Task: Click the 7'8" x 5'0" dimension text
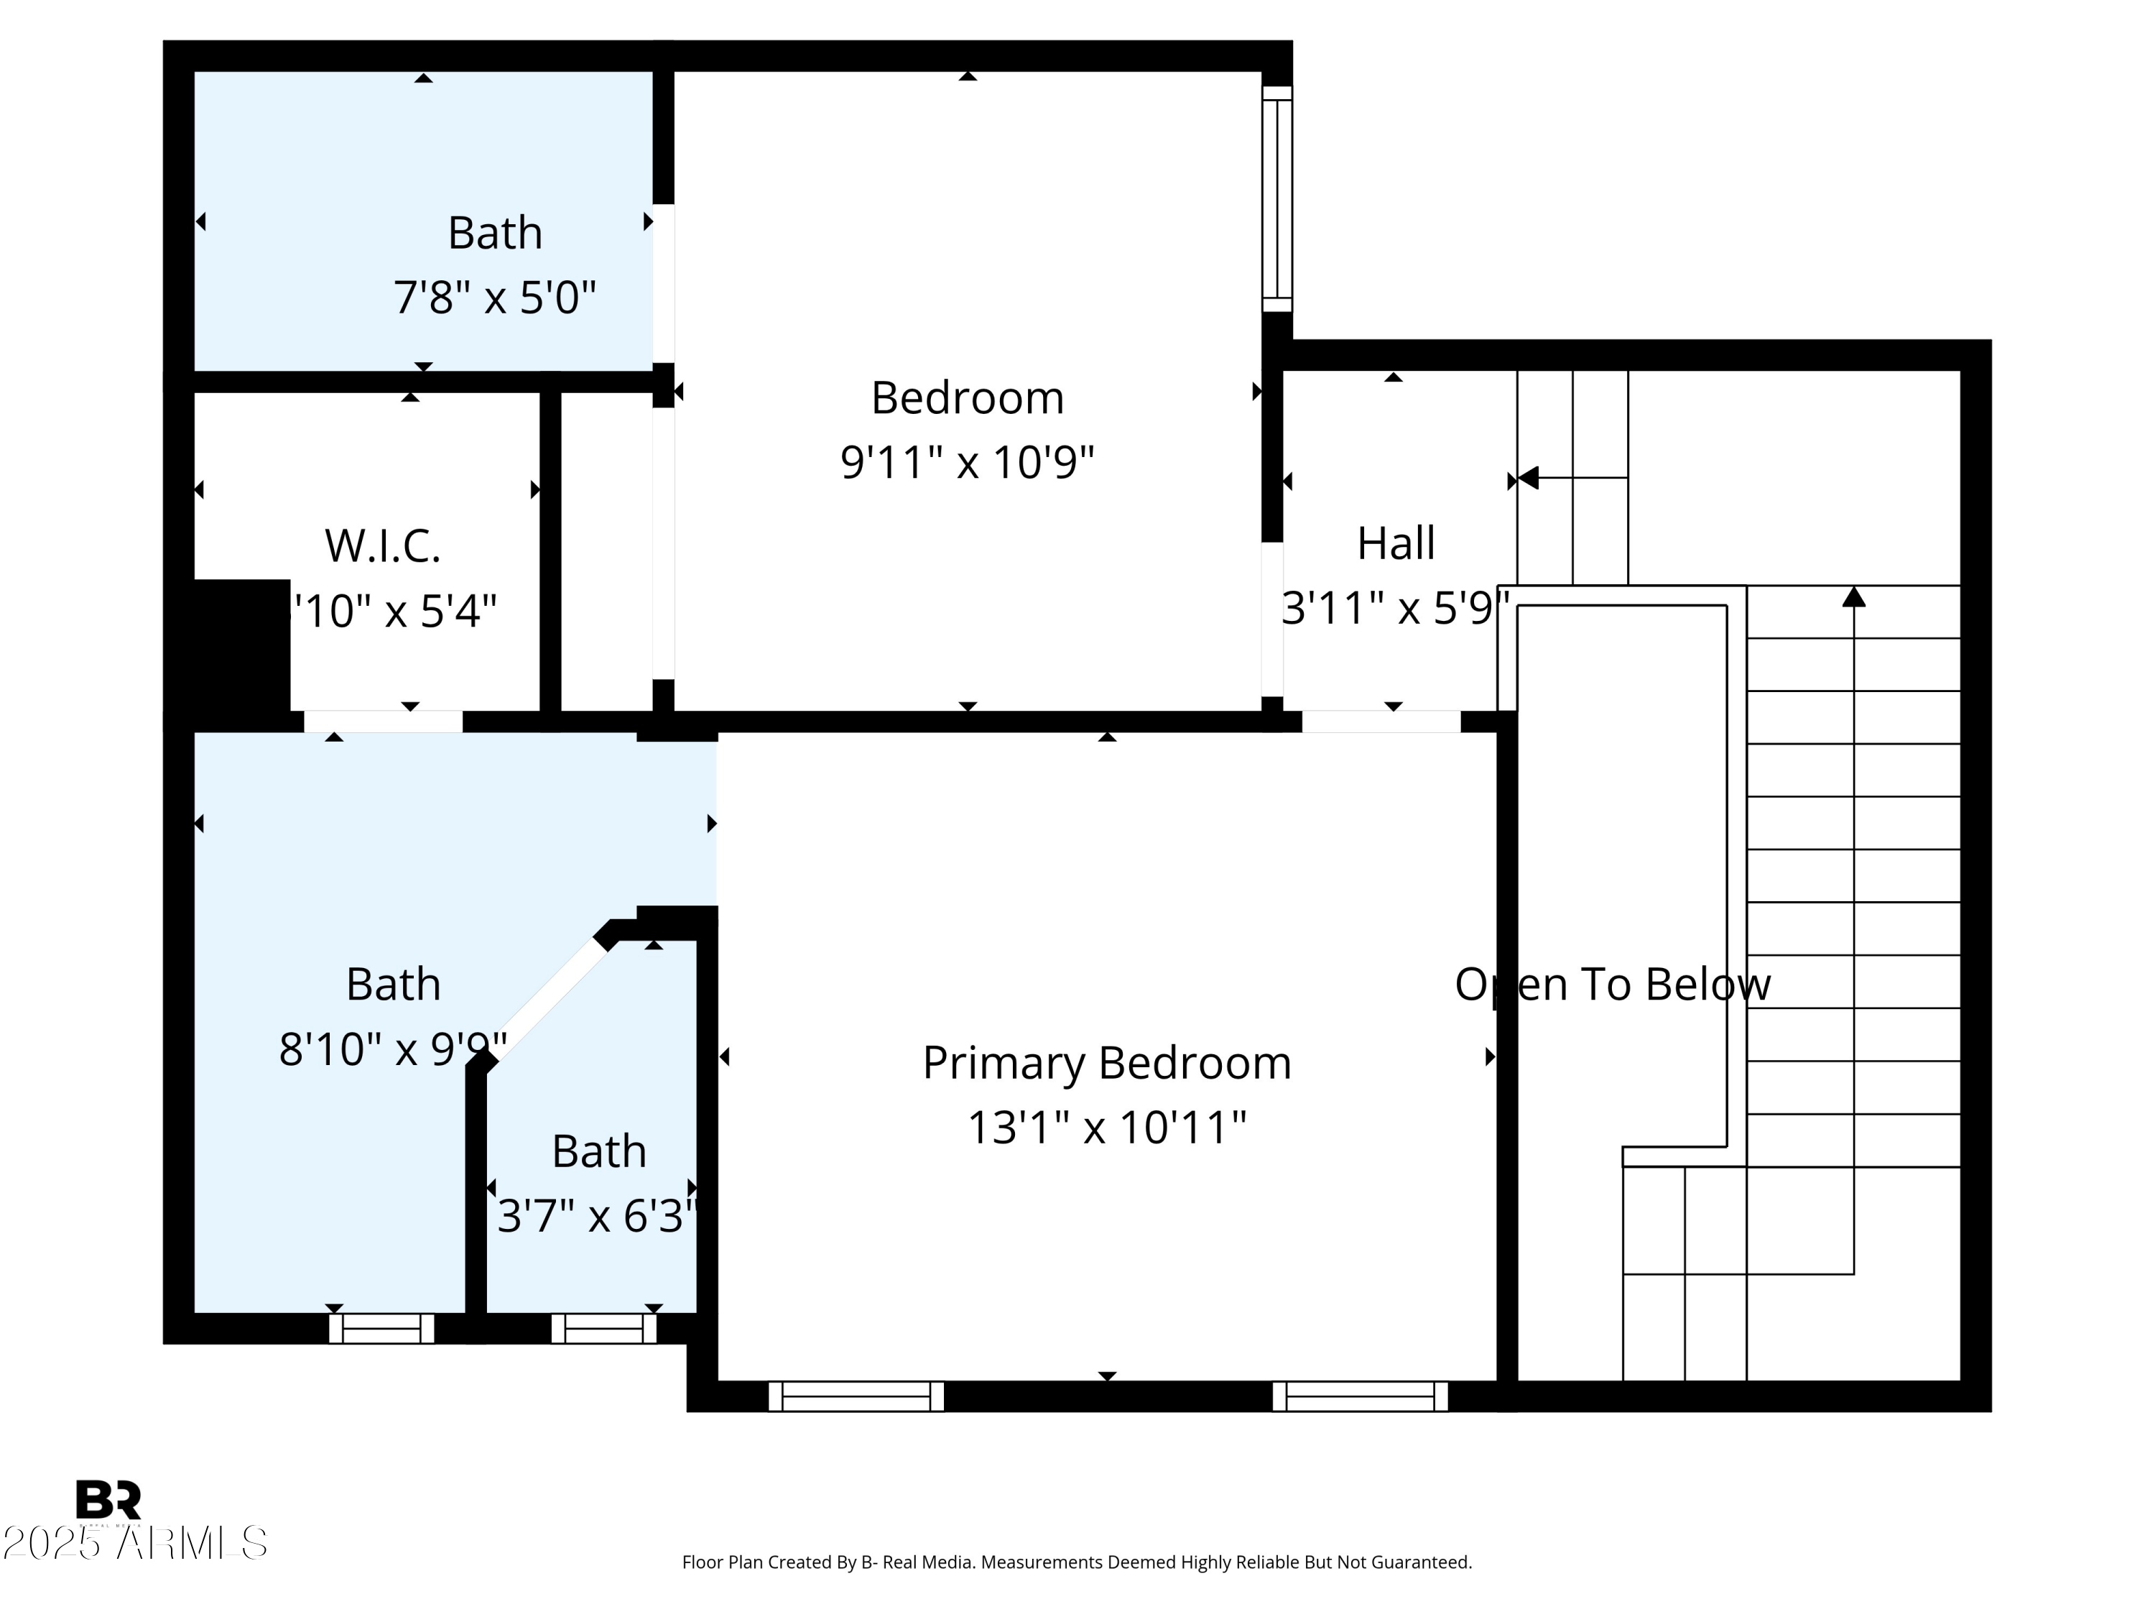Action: (494, 298)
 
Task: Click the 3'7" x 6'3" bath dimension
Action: (596, 1217)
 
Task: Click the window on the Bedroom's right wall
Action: (1276, 199)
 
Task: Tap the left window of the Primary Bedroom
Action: (856, 1396)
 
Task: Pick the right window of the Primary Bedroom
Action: (1359, 1396)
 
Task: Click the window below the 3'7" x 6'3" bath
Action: (603, 1329)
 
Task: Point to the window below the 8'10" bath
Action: (381, 1329)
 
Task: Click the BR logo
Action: (108, 1499)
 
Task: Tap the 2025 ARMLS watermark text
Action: (134, 1543)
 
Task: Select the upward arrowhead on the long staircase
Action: (1853, 596)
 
